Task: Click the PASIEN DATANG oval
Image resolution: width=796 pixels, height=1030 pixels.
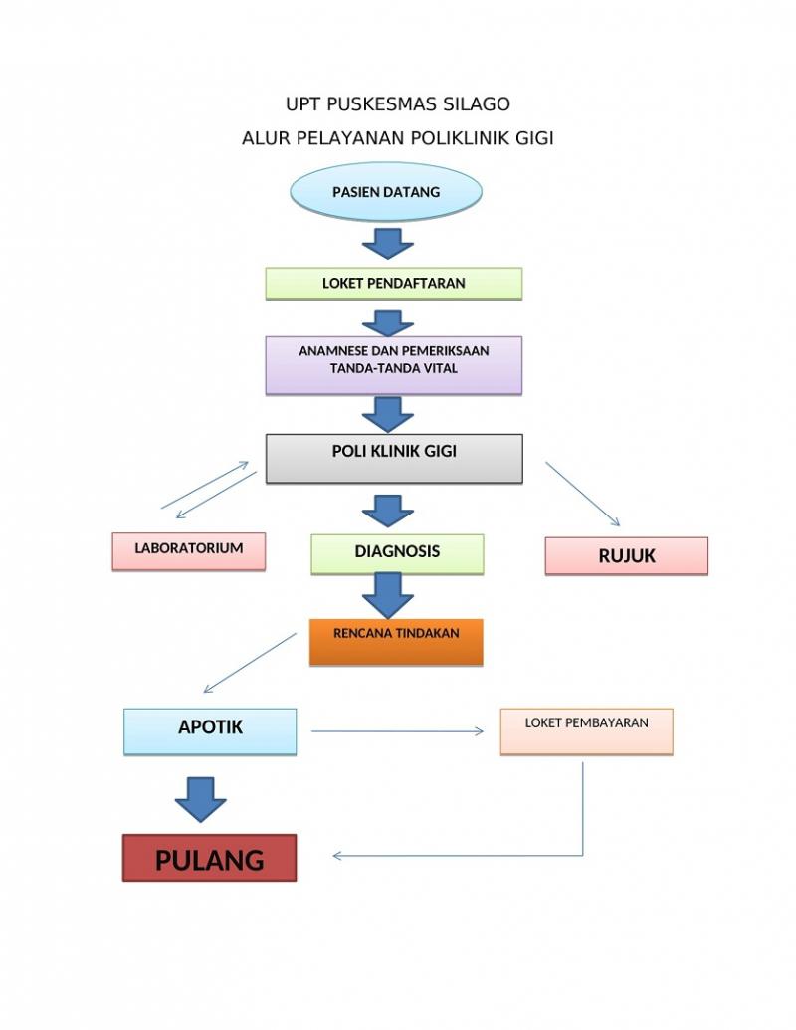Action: click(385, 192)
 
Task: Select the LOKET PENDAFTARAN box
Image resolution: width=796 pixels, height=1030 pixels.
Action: click(393, 284)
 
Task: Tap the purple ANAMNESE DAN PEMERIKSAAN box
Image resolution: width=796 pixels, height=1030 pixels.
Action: click(393, 364)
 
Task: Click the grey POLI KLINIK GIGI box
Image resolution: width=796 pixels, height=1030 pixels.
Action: click(394, 458)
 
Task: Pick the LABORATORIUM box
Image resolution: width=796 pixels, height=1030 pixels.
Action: click(188, 550)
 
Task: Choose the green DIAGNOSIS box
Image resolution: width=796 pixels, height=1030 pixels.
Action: click(397, 553)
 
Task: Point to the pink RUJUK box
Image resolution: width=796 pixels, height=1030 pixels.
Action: click(626, 556)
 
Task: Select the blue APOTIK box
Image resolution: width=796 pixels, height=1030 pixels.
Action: click(210, 730)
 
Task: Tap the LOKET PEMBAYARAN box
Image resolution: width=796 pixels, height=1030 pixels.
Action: click(586, 730)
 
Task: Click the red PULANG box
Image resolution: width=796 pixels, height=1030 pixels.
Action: click(209, 858)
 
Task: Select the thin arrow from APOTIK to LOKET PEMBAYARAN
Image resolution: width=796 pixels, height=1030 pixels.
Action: click(397, 731)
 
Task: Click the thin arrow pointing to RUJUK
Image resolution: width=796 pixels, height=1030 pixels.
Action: click(583, 494)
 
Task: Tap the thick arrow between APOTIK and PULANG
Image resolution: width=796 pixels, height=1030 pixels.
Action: click(200, 796)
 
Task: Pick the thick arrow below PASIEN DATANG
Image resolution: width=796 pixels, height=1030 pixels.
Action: click(387, 242)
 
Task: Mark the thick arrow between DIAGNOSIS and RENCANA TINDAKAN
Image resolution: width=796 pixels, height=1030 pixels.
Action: click(387, 595)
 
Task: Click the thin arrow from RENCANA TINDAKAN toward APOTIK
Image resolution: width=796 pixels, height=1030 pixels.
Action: click(250, 663)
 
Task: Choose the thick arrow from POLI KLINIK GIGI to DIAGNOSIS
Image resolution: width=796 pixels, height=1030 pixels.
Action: click(387, 510)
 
